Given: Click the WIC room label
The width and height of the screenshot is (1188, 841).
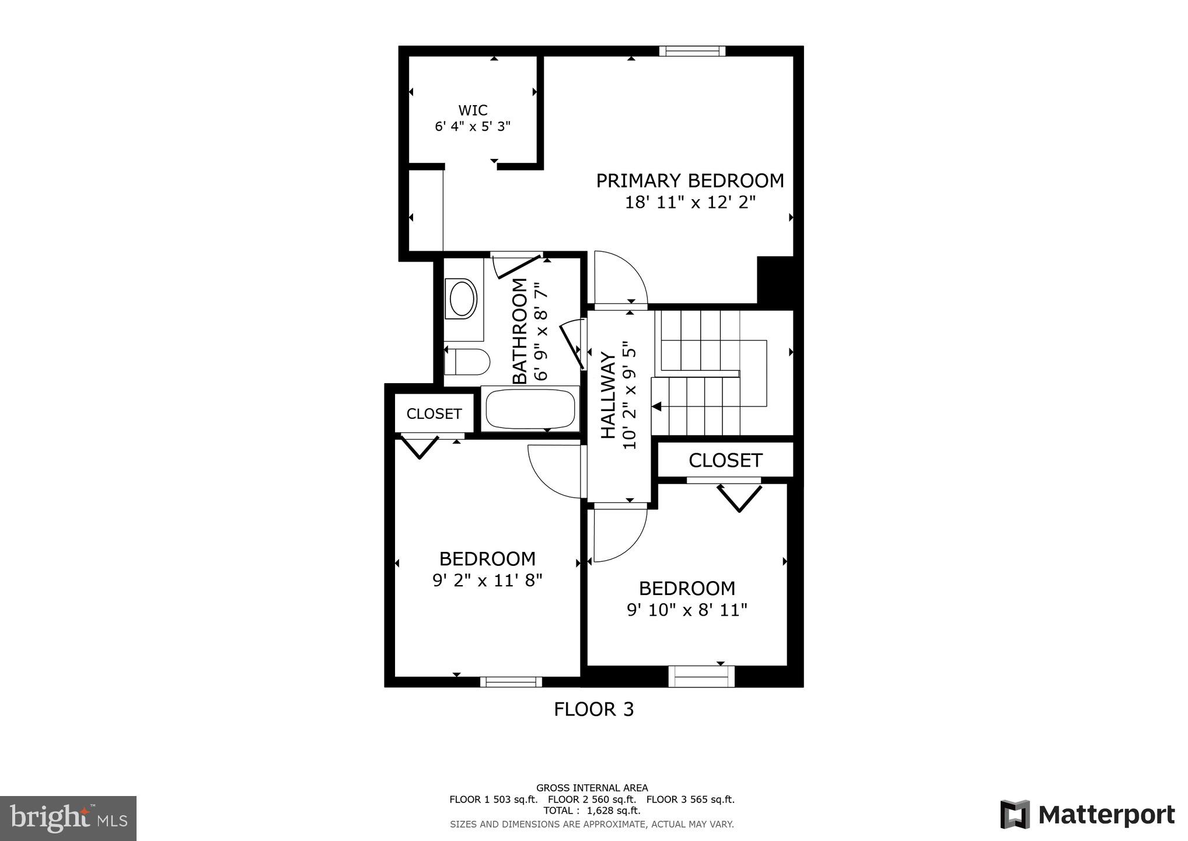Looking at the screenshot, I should click(x=473, y=110).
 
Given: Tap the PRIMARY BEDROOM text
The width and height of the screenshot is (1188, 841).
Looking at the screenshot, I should click(x=690, y=180).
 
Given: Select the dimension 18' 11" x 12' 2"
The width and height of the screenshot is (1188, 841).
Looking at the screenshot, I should click(x=690, y=203).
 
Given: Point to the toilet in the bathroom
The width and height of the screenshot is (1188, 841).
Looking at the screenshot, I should click(x=467, y=362).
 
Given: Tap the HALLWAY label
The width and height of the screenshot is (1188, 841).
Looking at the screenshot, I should click(x=609, y=395).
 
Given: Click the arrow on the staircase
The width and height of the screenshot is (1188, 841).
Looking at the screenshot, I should click(x=657, y=406).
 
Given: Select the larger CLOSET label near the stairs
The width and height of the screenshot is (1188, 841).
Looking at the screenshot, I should click(x=725, y=460).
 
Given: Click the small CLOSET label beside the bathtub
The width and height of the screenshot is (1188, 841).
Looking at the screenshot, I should click(x=434, y=413).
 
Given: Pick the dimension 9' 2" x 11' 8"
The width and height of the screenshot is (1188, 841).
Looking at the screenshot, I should click(x=487, y=581).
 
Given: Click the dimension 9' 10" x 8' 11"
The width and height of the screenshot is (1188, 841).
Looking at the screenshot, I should click(x=687, y=610).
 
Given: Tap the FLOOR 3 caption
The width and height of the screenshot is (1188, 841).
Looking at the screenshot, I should click(x=593, y=709).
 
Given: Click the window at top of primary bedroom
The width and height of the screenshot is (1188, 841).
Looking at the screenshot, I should click(x=692, y=51).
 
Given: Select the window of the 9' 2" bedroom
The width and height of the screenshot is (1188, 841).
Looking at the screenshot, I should click(x=511, y=682).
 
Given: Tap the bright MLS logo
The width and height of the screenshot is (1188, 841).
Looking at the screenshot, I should click(x=68, y=818).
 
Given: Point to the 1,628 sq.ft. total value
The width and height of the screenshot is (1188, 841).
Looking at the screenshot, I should click(x=613, y=811).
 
